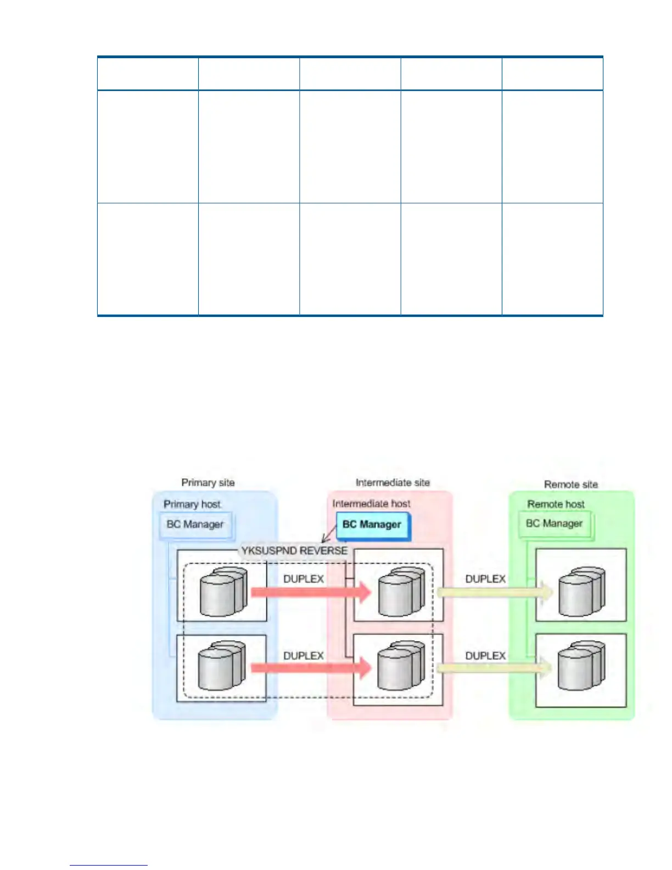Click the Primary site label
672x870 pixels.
coord(208,483)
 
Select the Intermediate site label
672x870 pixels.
coord(392,483)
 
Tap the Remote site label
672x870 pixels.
coord(570,484)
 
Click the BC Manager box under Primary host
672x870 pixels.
coord(195,525)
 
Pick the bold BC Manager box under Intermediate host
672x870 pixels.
coord(372,525)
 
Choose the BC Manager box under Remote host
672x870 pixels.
coord(554,523)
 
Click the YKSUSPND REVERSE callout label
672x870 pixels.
coord(294,550)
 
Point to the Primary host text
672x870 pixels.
coord(192,504)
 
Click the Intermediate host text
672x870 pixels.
coord(371,504)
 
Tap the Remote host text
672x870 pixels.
coord(556,504)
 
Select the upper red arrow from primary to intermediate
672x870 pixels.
coord(311,593)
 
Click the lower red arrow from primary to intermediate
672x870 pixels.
coord(311,668)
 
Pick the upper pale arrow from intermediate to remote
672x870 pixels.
coord(494,593)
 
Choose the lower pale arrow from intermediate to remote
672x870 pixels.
coord(494,668)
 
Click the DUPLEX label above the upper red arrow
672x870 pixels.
coord(304,579)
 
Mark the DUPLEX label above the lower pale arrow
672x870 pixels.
coord(485,656)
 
